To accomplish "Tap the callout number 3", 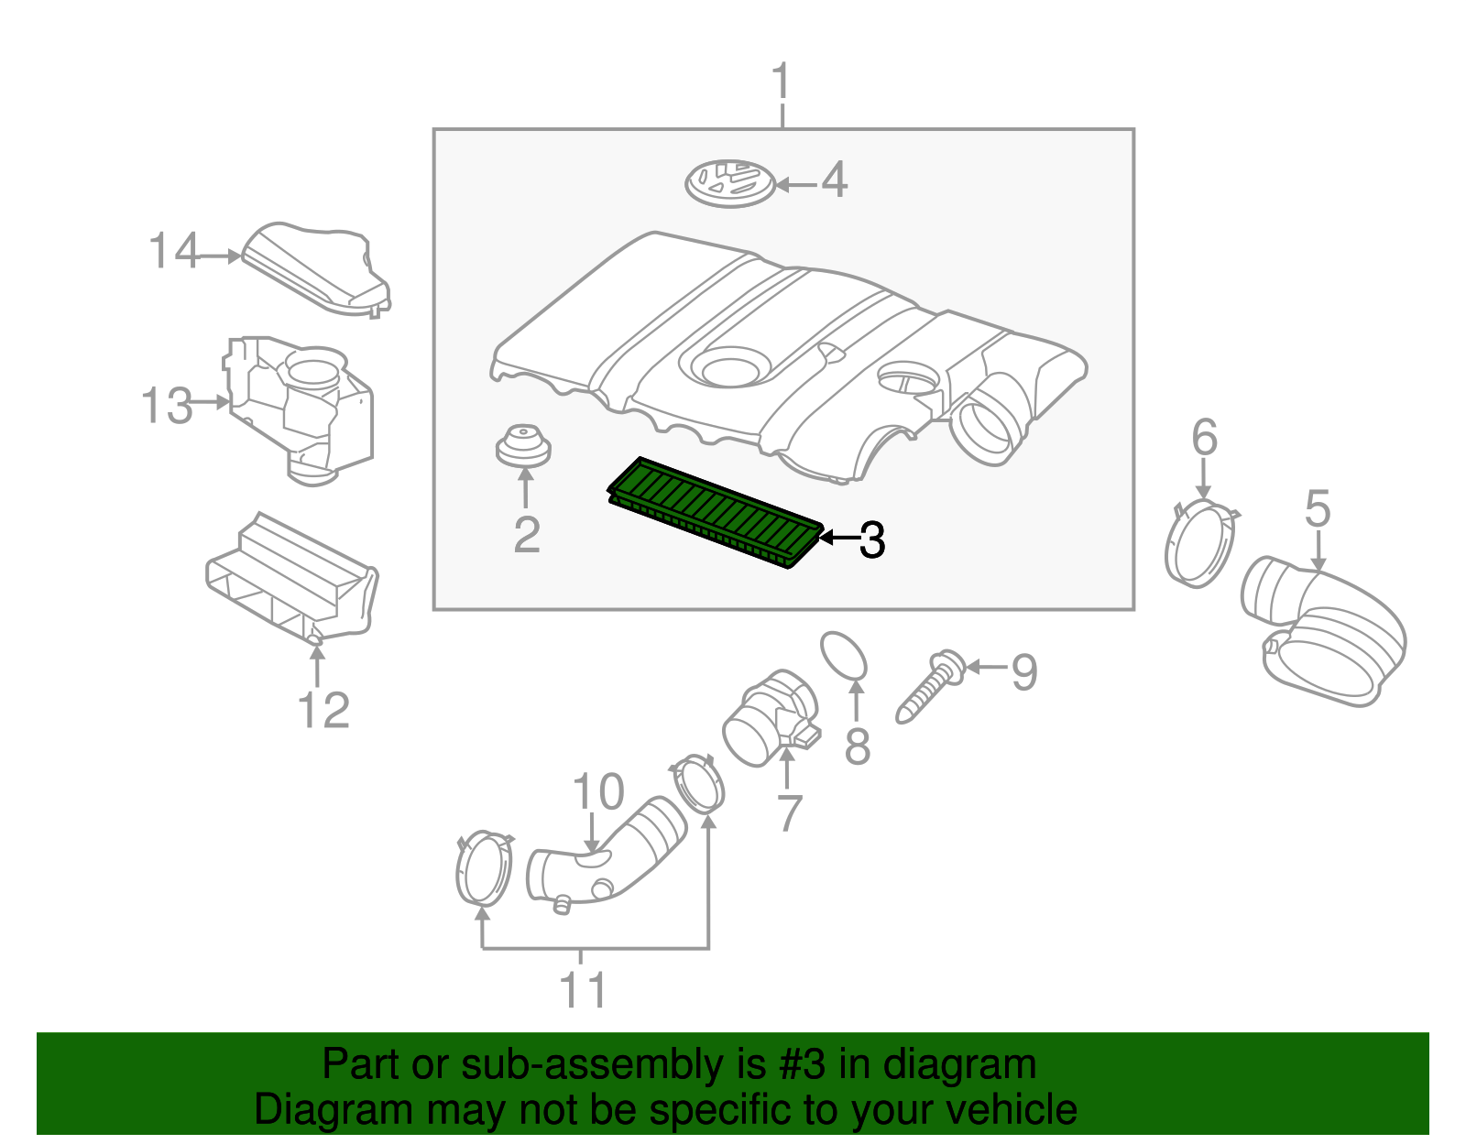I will pos(871,539).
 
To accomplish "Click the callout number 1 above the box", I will pos(781,82).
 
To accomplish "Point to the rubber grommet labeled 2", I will pos(522,445).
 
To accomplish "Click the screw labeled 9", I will pos(928,689).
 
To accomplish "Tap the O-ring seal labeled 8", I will pos(844,656).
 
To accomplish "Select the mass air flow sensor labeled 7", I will pos(768,718).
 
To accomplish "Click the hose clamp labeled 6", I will pos(1199,543).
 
